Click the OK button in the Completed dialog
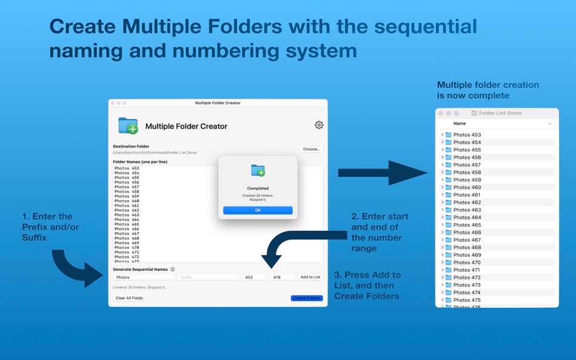click(258, 210)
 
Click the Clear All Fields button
click(129, 298)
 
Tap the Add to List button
click(310, 277)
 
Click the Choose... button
click(312, 149)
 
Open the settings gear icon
click(319, 125)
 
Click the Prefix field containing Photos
click(144, 277)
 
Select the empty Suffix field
click(208, 277)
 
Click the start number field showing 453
click(254, 277)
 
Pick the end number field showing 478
click(282, 277)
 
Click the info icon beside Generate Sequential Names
click(173, 269)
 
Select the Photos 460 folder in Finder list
click(467, 187)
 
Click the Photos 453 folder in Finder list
click(467, 135)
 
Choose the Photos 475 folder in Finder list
click(467, 300)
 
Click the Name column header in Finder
click(460, 124)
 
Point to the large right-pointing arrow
click(382, 173)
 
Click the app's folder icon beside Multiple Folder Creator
click(128, 126)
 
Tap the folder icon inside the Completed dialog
click(258, 171)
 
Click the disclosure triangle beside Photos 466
click(442, 232)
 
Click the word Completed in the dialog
click(258, 188)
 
